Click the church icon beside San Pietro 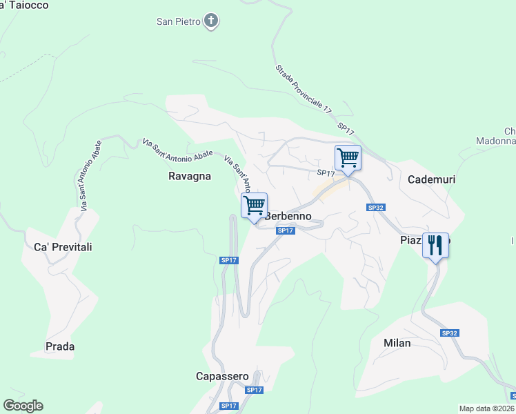tap(212, 21)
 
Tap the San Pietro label tap(178, 21)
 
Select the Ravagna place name tap(190, 176)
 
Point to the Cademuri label tap(432, 179)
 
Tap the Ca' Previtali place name tap(63, 247)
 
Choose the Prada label tap(60, 346)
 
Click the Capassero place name tap(221, 376)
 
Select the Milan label tap(397, 343)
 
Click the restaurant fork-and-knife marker tap(435, 246)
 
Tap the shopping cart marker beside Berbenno tap(254, 206)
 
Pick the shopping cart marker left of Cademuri tap(348, 158)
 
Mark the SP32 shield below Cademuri tap(375, 207)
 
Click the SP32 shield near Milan tap(450, 333)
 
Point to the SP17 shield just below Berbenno tap(286, 230)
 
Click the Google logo tap(23, 406)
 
